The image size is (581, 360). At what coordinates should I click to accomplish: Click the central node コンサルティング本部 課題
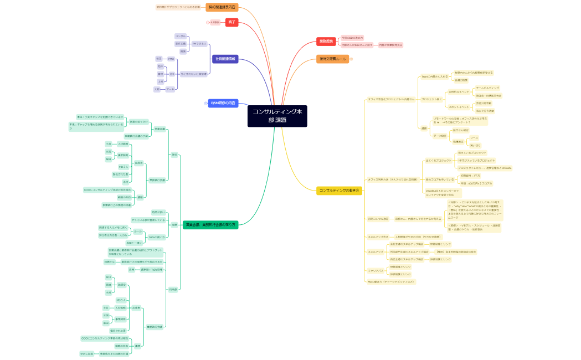point(277,116)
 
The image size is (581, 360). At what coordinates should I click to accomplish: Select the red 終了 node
point(232,22)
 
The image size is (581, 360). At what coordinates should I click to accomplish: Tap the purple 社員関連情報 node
point(225,58)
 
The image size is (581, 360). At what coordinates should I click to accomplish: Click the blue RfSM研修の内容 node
point(223,103)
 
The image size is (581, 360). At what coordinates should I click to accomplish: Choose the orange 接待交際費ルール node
point(332,59)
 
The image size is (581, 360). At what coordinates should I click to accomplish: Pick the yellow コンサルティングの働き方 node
point(339,191)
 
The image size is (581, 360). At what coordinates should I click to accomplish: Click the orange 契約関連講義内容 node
point(222,7)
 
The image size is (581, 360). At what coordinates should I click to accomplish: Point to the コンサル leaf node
point(181,36)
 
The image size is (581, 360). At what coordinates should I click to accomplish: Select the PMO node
point(171,59)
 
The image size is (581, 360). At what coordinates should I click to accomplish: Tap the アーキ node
point(170,89)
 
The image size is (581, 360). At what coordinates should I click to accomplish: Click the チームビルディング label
point(487,88)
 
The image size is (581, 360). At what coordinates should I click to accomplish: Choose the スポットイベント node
point(459,106)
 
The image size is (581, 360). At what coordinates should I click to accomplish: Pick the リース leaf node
point(474,137)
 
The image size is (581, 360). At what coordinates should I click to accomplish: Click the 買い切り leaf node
point(475,145)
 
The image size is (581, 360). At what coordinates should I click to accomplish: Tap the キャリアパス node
point(376,270)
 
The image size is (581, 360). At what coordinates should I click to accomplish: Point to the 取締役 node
point(122,284)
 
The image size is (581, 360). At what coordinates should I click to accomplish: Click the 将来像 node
point(173,289)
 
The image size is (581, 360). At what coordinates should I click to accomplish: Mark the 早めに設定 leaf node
point(86,353)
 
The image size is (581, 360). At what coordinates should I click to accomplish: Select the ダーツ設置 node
point(440,136)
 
